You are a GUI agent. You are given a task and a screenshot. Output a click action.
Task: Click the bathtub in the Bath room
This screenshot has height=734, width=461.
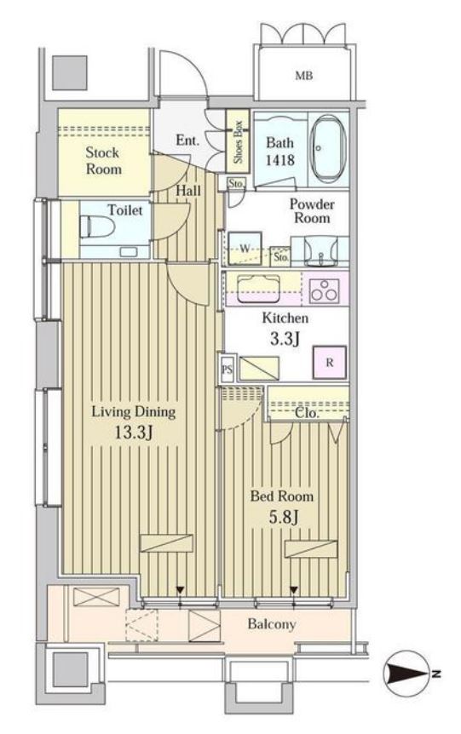[328, 148]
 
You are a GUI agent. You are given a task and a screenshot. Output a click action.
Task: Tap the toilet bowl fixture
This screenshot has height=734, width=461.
[97, 227]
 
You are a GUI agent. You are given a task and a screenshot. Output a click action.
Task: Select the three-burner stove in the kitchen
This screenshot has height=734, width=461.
[325, 289]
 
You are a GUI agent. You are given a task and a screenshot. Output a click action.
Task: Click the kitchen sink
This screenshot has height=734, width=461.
[258, 288]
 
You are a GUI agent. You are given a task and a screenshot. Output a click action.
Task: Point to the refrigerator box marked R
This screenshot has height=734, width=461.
[330, 362]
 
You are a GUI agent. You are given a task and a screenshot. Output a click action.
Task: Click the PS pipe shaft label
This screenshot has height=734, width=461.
[227, 370]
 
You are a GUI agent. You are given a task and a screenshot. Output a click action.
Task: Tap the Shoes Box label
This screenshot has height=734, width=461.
[238, 142]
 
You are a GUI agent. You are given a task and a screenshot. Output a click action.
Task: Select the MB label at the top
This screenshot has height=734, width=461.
[303, 75]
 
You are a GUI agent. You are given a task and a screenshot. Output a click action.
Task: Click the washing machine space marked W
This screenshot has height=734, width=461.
[245, 249]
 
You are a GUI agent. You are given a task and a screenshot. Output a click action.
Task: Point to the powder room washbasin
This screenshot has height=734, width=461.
[321, 250]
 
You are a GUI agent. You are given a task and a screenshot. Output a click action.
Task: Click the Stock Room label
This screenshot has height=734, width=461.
[103, 161]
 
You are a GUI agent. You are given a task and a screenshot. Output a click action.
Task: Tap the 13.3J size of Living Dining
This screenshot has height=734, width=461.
[133, 432]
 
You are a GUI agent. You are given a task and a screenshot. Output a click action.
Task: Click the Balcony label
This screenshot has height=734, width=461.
[272, 623]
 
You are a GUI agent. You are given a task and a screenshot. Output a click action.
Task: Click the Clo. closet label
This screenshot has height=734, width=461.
[307, 413]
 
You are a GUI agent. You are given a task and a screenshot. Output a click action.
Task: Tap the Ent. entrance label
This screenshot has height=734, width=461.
[187, 140]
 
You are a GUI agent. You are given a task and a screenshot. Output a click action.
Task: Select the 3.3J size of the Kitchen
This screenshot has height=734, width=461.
[285, 338]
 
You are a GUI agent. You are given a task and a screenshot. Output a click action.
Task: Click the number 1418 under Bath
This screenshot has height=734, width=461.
[280, 160]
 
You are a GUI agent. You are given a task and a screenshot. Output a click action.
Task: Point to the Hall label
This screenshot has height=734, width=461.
[188, 191]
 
